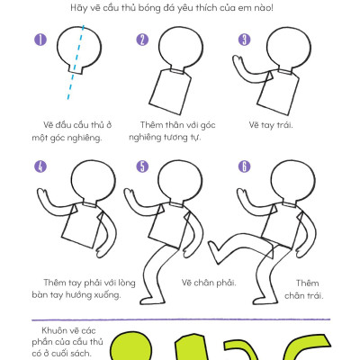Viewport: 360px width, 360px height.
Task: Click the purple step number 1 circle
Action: (x=40, y=40)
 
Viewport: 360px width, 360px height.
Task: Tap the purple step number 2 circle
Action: (x=142, y=40)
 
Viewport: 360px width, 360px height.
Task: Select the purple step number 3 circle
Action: (x=244, y=40)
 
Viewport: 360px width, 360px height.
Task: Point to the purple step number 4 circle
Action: (x=40, y=166)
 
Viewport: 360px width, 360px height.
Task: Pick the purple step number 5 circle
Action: (x=142, y=166)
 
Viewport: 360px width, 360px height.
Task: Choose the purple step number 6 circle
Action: (x=244, y=166)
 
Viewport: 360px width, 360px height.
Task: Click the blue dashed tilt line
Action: (x=76, y=62)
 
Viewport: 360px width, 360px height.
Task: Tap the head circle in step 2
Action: (x=181, y=49)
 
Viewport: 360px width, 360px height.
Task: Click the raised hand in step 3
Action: (x=238, y=62)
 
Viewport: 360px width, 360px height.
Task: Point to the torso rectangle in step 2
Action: (x=170, y=92)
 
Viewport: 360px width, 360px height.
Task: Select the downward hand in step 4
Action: (x=102, y=251)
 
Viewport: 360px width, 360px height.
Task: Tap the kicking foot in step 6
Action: (x=214, y=252)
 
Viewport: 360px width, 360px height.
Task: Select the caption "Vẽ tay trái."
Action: (x=271, y=124)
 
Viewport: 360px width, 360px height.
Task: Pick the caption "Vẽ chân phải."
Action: (x=209, y=283)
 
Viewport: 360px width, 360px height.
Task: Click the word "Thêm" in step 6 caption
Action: (x=308, y=283)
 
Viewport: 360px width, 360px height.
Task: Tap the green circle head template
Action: (x=130, y=346)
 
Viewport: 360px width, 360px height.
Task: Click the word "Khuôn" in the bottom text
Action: (x=54, y=330)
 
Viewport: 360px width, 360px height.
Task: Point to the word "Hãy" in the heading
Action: (x=77, y=8)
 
